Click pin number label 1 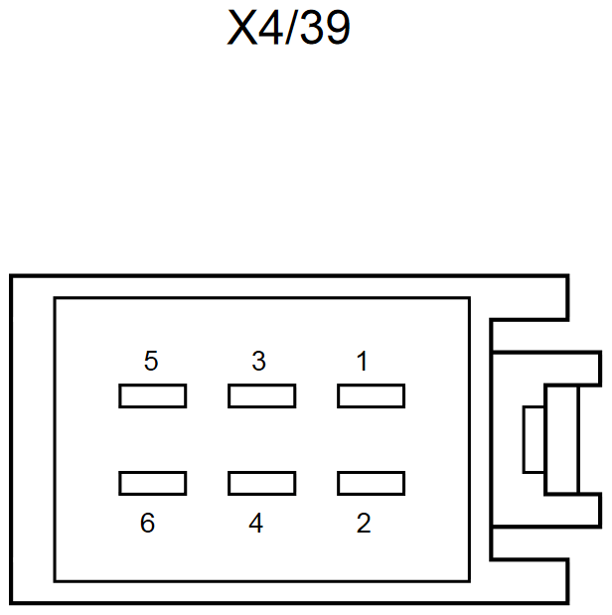tap(363, 362)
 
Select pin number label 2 tap(364, 524)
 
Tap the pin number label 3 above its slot tap(258, 362)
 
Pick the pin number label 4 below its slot tap(256, 524)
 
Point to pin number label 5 tap(151, 362)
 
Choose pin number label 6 tap(147, 524)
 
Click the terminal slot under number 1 tap(371, 396)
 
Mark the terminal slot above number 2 tap(371, 483)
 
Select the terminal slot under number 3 tap(261, 396)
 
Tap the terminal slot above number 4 tap(261, 483)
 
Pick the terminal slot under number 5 tap(152, 396)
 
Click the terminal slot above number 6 tap(152, 483)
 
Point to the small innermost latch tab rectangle tap(533, 439)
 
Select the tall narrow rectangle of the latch tap(560, 439)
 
